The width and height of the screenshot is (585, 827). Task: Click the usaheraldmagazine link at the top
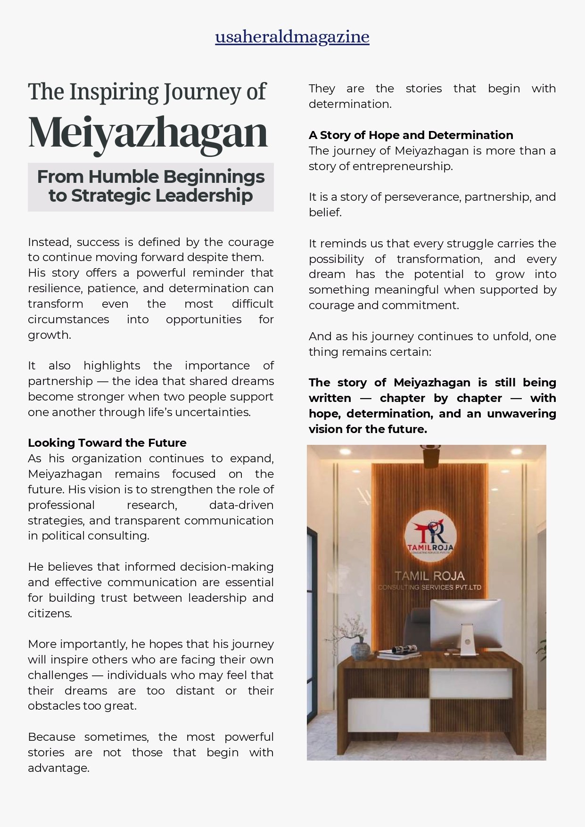click(292, 37)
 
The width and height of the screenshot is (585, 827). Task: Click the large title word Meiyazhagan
click(148, 133)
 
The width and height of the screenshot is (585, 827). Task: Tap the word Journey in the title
click(203, 92)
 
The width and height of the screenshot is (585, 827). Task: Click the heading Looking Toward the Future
click(107, 443)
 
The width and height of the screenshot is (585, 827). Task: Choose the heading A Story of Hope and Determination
click(411, 135)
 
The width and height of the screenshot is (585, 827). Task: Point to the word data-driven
click(241, 505)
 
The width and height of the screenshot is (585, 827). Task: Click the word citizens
click(49, 614)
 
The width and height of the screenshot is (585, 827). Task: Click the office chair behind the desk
click(417, 627)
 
